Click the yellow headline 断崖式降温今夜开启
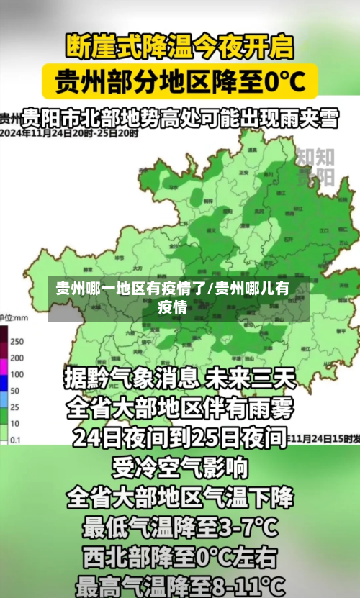(x=180, y=47)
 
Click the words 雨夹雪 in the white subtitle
(x=307, y=118)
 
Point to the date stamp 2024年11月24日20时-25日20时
(x=69, y=133)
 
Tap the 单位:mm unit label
(x=14, y=317)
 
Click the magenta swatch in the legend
(x=4, y=358)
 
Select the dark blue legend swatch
(x=4, y=375)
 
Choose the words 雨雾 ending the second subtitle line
(x=274, y=408)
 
